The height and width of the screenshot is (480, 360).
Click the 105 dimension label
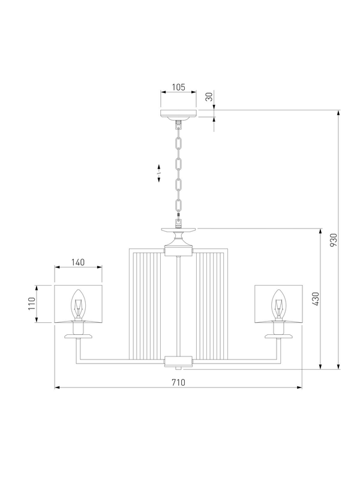coord(178,87)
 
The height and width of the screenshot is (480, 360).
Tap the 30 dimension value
coord(209,97)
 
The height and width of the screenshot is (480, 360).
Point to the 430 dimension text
coord(316,298)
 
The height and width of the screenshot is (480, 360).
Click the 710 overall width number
coord(178,382)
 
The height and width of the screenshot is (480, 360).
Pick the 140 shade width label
coord(78,262)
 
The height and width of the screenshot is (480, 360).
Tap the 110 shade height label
coord(32,304)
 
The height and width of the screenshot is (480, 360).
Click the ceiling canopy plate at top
coord(178,113)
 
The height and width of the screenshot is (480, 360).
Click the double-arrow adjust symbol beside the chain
coord(159,173)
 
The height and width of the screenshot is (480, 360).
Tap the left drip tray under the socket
coord(78,337)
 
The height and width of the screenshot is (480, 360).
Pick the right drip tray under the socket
coord(278,337)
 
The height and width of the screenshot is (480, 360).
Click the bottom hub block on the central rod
coord(178,361)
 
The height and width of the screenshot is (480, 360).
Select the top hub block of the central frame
coord(178,252)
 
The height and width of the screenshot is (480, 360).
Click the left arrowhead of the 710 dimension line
coord(56,388)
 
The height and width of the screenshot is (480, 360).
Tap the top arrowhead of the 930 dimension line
coord(338,112)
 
